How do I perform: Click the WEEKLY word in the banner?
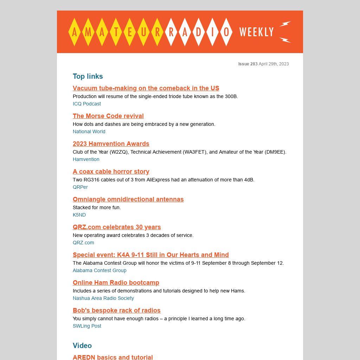pos(256,32)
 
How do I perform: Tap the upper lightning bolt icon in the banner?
pos(285,24)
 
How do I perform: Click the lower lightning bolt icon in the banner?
pos(285,40)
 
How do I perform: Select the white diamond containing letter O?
pos(226,32)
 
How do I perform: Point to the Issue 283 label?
pos(248,64)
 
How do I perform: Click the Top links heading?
pos(88,76)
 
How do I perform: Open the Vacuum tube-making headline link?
pos(146,88)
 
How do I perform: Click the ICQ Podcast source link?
pos(87,104)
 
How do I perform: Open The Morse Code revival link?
pos(108,116)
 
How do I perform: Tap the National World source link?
pos(89,131)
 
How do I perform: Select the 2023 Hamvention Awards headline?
pos(111,144)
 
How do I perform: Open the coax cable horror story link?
pos(111,172)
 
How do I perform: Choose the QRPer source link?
pos(80,187)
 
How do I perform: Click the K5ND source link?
pos(79,215)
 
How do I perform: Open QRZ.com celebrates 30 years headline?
pos(117,227)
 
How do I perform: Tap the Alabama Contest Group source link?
pos(99,270)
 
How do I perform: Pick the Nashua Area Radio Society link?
pos(103,298)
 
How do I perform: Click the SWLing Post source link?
pos(87,326)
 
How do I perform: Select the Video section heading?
pos(82,346)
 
